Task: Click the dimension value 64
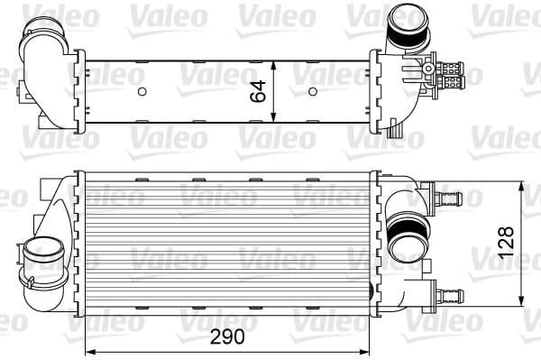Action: (258, 91)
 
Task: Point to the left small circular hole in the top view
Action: (142, 91)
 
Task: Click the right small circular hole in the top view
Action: (313, 91)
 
